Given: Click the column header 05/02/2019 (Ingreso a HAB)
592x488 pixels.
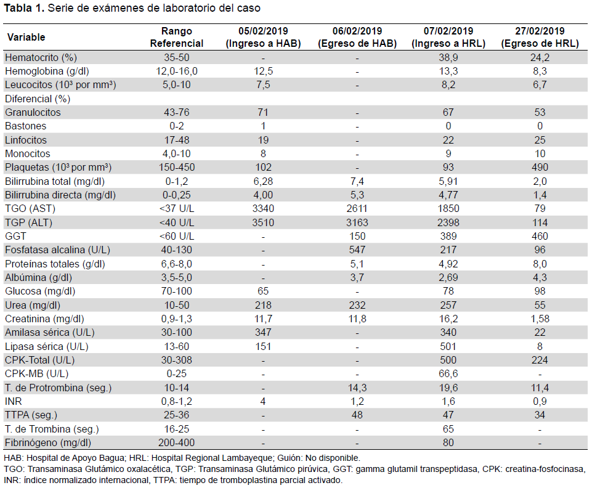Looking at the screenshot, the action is [x=263, y=37].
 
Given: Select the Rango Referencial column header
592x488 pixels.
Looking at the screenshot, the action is [x=177, y=37].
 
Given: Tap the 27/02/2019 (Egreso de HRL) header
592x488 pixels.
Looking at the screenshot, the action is [x=540, y=37].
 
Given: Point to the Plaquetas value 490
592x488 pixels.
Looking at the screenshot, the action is [x=540, y=168].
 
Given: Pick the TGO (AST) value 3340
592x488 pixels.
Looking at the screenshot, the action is [x=263, y=208].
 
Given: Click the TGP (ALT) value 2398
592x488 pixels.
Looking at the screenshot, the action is [x=448, y=222].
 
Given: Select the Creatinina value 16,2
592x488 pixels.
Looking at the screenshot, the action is [x=448, y=319].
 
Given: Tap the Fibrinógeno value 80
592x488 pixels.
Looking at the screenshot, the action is [x=448, y=442].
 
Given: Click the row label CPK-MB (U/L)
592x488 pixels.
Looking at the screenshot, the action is [x=36, y=374].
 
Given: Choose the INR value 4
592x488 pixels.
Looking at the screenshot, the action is [x=263, y=401].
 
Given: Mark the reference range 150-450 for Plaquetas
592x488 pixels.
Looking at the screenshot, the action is [x=177, y=168].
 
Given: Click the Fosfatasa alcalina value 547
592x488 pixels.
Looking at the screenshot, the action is [x=357, y=250].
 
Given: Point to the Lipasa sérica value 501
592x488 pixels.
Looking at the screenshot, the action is [x=448, y=346].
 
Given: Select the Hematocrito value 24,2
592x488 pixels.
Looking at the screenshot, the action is [x=540, y=58].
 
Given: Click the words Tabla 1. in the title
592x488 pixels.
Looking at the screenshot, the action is [x=24, y=8].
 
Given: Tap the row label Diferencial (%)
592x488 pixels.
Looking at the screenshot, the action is [x=38, y=99].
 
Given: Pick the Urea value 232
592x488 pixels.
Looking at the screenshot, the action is [x=357, y=305].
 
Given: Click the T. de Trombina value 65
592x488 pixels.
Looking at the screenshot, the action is [x=448, y=429].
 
